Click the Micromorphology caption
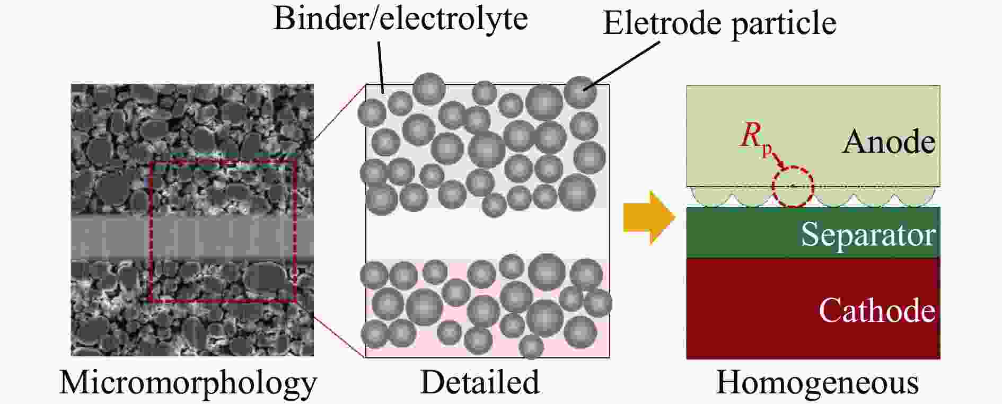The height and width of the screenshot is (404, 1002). coord(188,383)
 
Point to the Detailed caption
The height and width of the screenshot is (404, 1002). coord(480,382)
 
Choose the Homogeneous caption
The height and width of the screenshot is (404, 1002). coord(817,382)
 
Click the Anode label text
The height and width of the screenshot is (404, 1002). coord(889,142)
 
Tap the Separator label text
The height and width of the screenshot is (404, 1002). coord(867,234)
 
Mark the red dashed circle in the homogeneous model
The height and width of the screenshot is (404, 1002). coord(792,187)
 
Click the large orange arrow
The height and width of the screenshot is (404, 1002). coord(648,217)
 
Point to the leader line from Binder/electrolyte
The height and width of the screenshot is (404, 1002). coord(381,64)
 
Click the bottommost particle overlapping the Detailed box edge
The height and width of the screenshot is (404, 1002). coord(531,347)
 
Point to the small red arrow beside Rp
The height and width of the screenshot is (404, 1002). coord(778,159)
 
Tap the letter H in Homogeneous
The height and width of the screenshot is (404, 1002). coord(727,382)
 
